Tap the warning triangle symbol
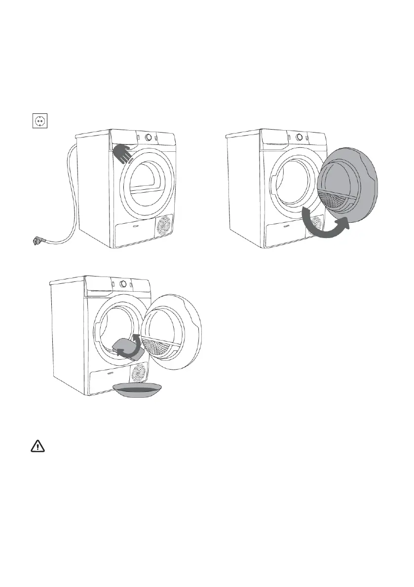(x=38, y=446)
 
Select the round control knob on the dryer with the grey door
(x=299, y=138)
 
